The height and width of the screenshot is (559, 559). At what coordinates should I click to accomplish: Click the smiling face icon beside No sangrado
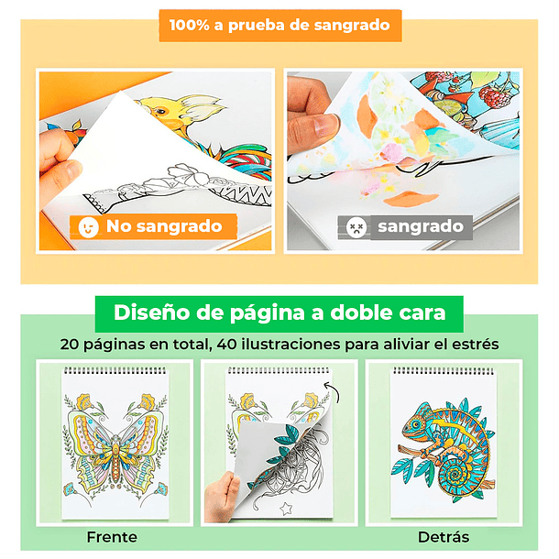[88, 227]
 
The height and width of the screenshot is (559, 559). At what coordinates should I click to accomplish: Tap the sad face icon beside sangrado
[356, 227]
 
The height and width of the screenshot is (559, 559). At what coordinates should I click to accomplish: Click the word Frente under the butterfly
[112, 537]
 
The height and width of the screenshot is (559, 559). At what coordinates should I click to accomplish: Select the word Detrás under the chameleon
[444, 537]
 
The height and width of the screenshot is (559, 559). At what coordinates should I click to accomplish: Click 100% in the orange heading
[189, 26]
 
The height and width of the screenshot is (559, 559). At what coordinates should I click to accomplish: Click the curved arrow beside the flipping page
[334, 392]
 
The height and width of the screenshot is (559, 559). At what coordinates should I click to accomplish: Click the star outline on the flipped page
[286, 508]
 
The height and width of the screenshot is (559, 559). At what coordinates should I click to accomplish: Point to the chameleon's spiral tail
[455, 475]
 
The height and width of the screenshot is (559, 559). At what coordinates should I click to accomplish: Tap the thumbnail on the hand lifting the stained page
[324, 125]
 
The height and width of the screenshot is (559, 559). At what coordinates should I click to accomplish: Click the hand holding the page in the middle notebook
[222, 497]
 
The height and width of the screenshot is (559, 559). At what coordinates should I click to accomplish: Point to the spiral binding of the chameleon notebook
[444, 371]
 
